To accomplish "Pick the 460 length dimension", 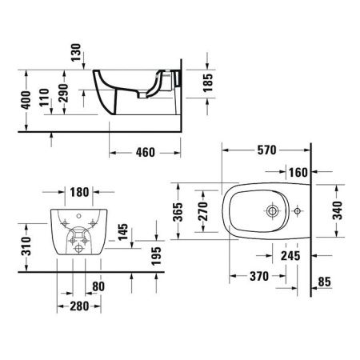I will (144, 152).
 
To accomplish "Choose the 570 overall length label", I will (266, 149).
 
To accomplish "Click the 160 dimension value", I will (298, 171).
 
